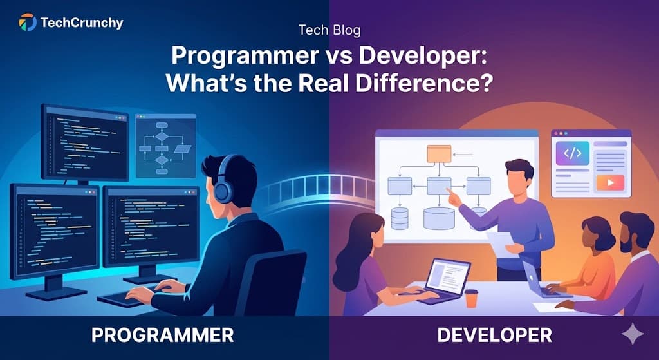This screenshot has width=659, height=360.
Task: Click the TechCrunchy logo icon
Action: (x=28, y=23)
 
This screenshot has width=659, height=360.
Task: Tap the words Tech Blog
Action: (x=329, y=30)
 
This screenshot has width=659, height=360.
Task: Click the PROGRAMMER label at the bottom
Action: (x=162, y=335)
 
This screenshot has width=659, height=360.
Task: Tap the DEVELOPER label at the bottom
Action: (x=494, y=335)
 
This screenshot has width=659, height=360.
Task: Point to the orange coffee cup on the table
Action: (x=472, y=298)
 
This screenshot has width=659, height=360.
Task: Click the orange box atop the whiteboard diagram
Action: (x=440, y=153)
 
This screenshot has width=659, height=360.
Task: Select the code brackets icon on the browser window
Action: (x=572, y=153)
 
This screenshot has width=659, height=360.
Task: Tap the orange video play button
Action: (x=606, y=183)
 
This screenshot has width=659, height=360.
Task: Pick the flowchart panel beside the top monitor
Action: (x=165, y=146)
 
